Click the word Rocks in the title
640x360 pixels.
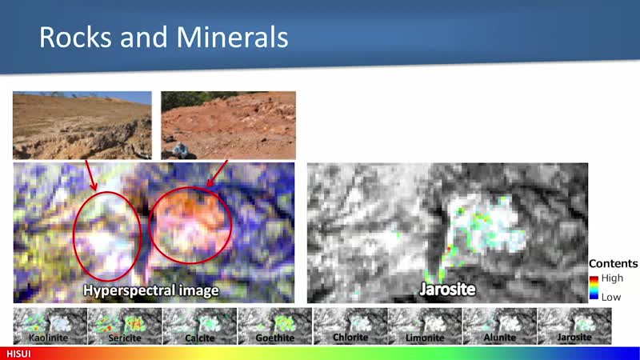click(74, 37)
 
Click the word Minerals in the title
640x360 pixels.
click(232, 37)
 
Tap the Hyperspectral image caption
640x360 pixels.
click(151, 290)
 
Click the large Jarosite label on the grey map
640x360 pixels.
click(447, 289)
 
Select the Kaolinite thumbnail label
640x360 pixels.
click(48, 338)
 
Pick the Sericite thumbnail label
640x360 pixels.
click(125, 338)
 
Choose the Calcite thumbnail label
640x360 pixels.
click(199, 338)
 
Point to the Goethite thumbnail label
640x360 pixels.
click(274, 338)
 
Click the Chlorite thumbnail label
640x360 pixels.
click(350, 337)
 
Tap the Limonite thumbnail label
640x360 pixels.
click(425, 338)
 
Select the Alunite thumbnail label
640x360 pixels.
click(499, 337)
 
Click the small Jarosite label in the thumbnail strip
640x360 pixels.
click(574, 337)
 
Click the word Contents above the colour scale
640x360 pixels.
click(613, 264)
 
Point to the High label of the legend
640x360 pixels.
click(612, 278)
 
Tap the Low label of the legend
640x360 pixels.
click(611, 297)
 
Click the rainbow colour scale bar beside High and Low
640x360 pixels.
click(594, 288)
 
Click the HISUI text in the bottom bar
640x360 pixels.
click(18, 354)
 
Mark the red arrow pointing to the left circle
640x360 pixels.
click(91, 175)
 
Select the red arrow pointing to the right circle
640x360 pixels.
click(217, 174)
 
